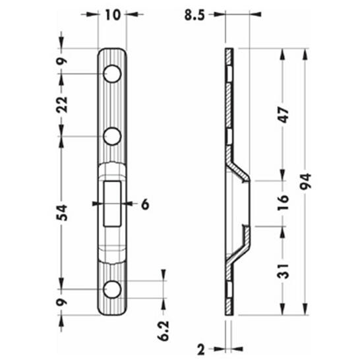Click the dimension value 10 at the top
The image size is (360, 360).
(112, 15)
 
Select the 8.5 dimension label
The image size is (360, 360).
(194, 15)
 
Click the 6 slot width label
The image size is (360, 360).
(145, 204)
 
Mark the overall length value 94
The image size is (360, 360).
(305, 181)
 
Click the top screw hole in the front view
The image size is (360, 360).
(113, 74)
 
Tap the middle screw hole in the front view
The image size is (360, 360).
(113, 136)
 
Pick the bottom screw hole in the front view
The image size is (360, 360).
(113, 289)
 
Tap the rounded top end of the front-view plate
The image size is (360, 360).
(113, 51)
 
